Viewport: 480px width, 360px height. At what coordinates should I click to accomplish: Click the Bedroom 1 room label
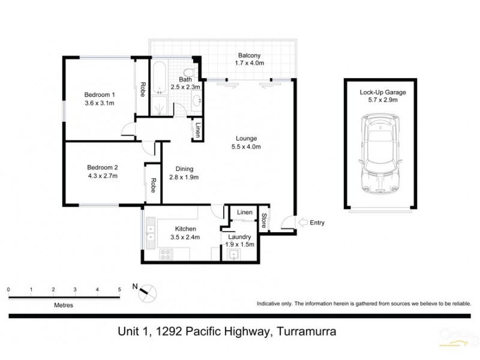[x=100, y=99]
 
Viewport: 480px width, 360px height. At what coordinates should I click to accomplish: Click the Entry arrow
[x=304, y=223]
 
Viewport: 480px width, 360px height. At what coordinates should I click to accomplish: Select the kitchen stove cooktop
[x=166, y=256]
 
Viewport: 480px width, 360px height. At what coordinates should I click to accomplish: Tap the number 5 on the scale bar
[x=119, y=289]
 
